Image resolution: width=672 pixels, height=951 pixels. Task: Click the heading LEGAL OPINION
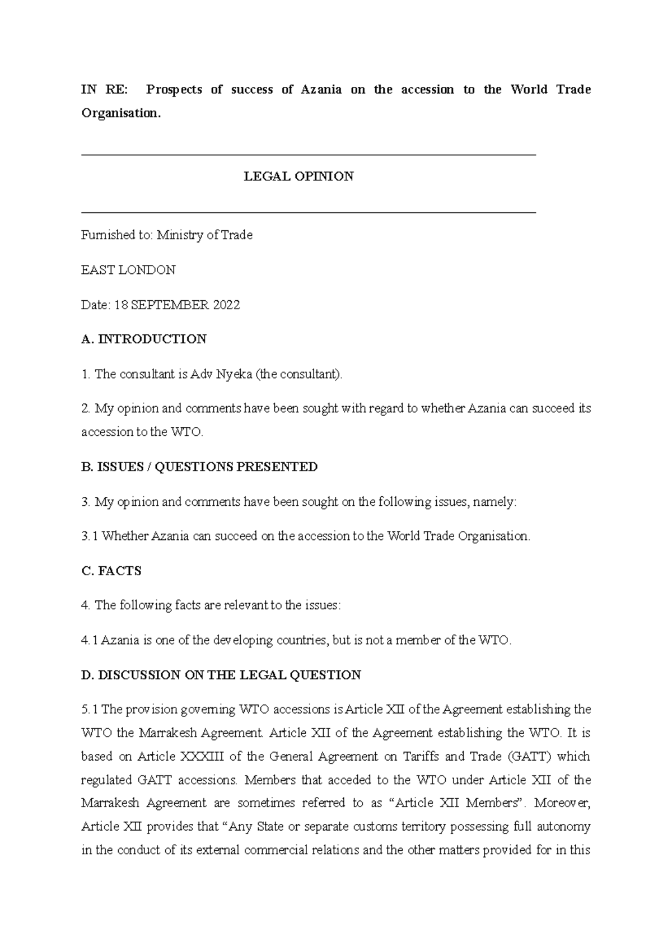point(298,176)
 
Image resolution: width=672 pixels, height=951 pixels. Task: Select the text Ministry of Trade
point(204,235)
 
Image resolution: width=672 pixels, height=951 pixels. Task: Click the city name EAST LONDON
point(128,270)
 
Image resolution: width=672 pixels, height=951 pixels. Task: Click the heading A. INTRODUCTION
point(144,339)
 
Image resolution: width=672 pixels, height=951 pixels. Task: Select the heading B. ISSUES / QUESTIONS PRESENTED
point(199,467)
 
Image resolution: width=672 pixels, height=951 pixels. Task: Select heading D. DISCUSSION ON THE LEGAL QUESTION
point(221,675)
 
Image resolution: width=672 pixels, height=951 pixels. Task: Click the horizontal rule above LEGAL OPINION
point(309,155)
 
